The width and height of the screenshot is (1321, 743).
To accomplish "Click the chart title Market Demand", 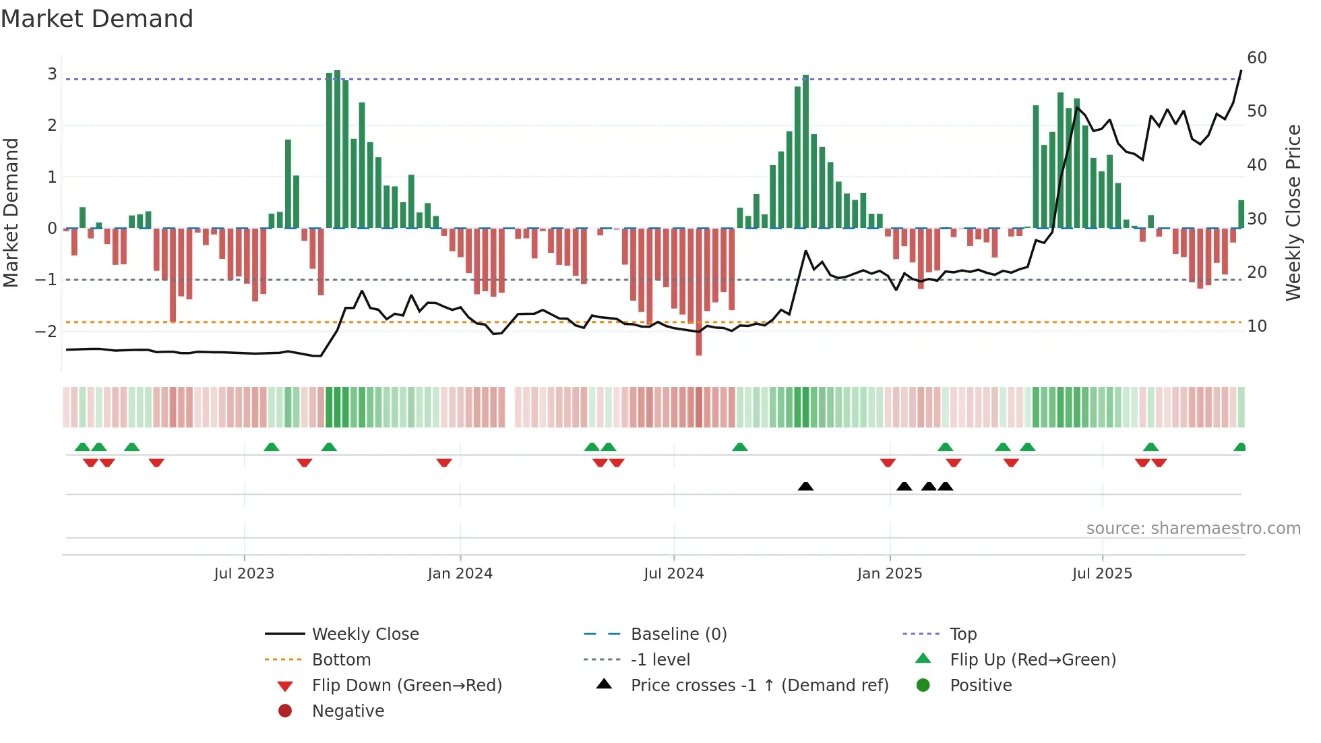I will [x=97, y=19].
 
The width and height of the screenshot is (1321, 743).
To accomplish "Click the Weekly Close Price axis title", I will [x=1293, y=212].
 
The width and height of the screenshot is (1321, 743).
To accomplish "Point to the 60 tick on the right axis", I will [x=1256, y=58].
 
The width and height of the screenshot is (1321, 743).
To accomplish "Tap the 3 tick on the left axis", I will [x=52, y=73].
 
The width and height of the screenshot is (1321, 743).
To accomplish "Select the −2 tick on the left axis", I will [x=46, y=331].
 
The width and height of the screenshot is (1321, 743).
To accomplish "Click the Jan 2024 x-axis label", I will [x=460, y=574].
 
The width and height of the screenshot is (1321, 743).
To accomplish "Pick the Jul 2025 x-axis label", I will [x=1102, y=574].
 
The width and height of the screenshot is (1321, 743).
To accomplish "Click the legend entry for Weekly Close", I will [x=365, y=634].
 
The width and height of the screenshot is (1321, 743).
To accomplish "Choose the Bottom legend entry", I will [x=341, y=660].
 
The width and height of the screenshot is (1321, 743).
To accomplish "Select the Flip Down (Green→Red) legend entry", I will [x=406, y=686].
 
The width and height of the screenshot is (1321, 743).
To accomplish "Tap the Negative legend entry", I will [x=348, y=711].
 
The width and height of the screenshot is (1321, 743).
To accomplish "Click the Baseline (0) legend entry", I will [x=678, y=634].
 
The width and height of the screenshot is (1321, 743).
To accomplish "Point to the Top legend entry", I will [x=962, y=634].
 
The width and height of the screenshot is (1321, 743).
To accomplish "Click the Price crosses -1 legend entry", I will [x=759, y=686].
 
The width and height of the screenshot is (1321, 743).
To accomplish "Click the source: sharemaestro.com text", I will [x=1193, y=529].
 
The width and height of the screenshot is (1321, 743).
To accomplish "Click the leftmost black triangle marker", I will [x=805, y=486].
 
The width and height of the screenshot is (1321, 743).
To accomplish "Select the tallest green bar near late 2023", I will [x=337, y=148].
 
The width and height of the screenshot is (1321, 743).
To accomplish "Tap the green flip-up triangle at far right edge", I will [x=1239, y=447].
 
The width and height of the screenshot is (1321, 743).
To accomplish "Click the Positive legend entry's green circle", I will [x=923, y=686].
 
